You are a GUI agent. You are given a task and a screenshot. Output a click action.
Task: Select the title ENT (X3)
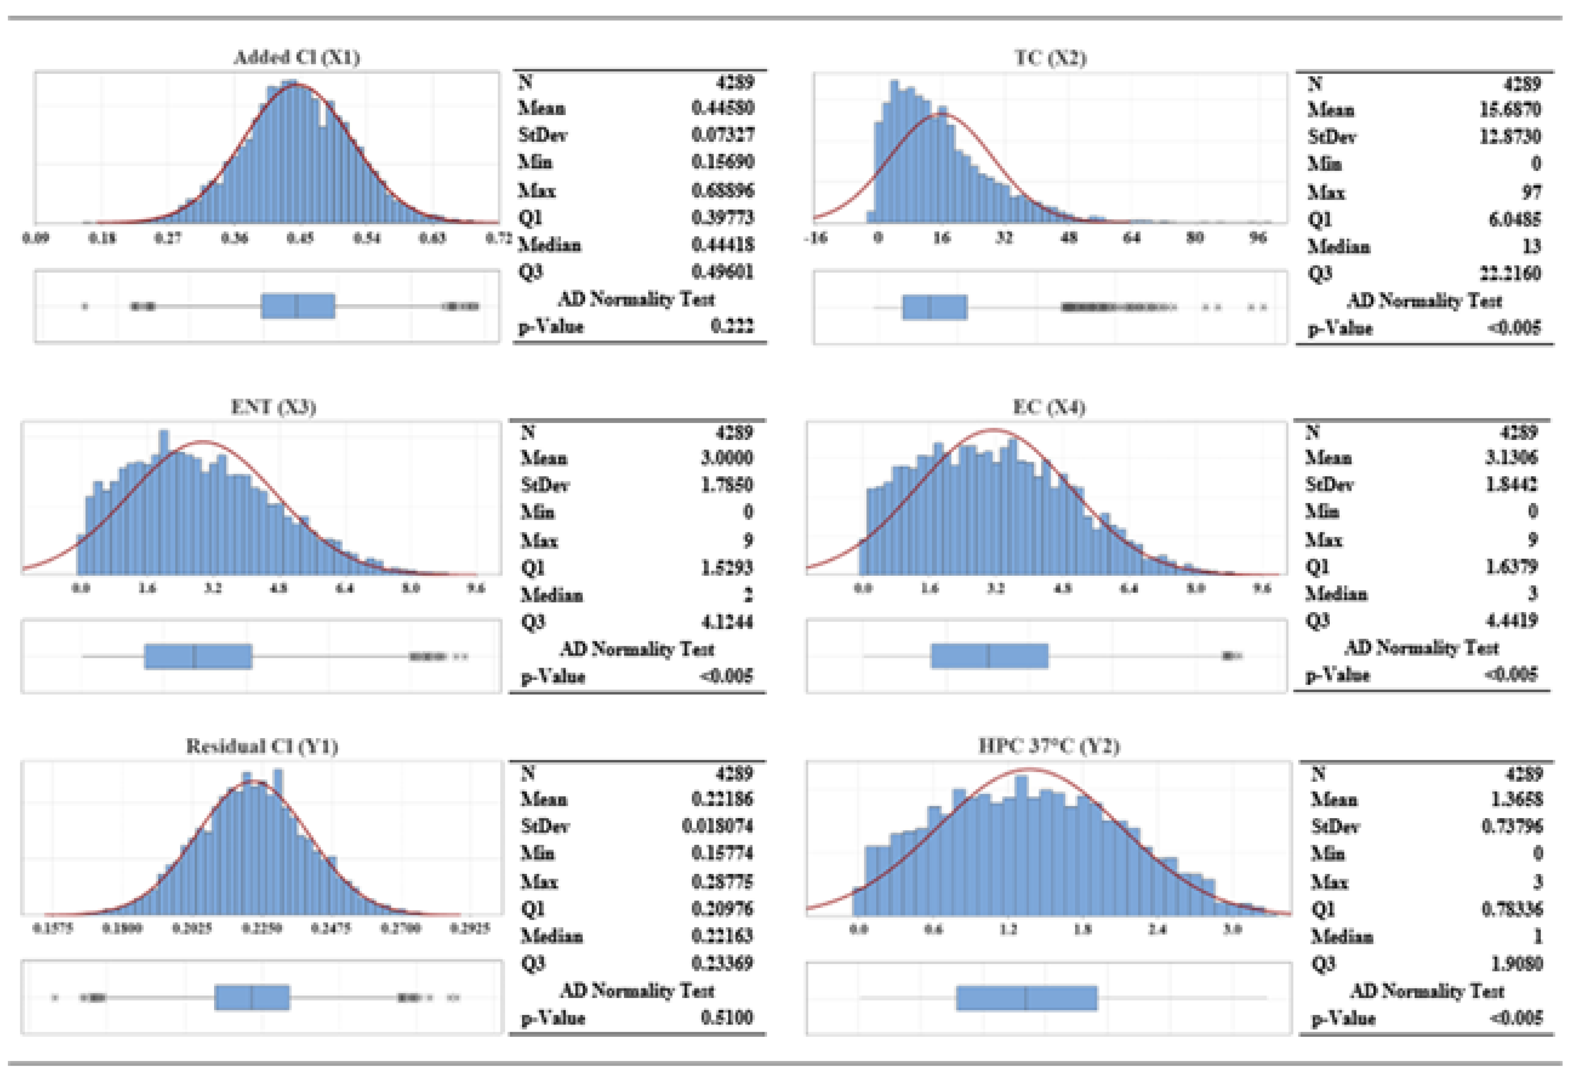tap(273, 407)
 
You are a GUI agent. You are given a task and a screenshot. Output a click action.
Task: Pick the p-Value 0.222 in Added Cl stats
tap(732, 326)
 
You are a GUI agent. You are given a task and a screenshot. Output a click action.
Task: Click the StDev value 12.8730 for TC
tap(1510, 137)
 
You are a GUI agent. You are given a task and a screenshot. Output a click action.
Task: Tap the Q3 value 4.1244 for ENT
tap(726, 622)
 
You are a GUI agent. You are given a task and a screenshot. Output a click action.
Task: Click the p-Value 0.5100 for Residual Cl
tap(726, 1017)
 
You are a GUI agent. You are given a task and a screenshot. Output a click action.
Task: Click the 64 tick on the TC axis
tap(1131, 238)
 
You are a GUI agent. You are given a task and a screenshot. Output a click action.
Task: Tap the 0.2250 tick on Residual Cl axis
tap(262, 928)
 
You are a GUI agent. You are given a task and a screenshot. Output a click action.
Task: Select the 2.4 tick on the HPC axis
tap(1157, 929)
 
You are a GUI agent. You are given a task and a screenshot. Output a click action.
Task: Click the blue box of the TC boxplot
tap(934, 307)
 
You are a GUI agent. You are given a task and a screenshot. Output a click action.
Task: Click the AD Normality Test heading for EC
tap(1421, 648)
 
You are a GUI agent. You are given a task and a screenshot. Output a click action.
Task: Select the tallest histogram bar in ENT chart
tap(163, 503)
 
